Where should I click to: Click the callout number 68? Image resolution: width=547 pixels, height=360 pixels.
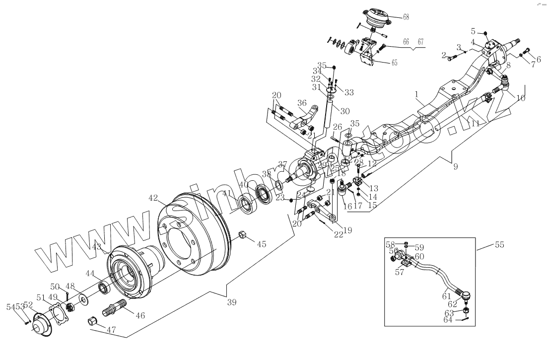[406, 17]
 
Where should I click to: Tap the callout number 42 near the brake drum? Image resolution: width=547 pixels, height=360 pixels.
[153, 197]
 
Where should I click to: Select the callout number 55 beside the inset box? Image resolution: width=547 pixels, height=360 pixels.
[499, 245]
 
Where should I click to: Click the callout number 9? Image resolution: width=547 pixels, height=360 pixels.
[455, 167]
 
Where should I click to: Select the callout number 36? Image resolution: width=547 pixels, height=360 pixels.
[302, 103]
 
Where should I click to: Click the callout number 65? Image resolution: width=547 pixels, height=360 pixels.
[395, 63]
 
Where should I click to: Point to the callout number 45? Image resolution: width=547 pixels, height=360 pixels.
[261, 243]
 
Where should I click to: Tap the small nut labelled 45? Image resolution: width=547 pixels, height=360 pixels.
[243, 234]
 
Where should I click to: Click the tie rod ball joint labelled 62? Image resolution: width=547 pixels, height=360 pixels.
[467, 296]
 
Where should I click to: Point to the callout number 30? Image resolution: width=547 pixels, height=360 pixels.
[345, 112]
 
